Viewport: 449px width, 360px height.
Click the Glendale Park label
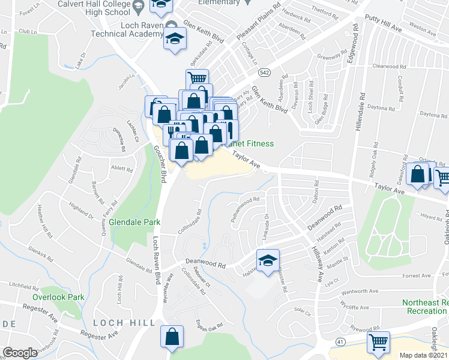click(x=134, y=222)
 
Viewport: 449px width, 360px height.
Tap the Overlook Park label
click(x=58, y=297)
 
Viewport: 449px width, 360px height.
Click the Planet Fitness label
click(x=250, y=143)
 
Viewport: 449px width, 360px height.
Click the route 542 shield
click(x=264, y=73)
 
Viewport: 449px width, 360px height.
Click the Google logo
click(x=20, y=353)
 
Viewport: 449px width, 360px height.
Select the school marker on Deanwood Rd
click(x=268, y=260)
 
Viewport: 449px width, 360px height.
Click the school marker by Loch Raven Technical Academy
click(x=175, y=40)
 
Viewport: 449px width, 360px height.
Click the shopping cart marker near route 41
click(x=379, y=343)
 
